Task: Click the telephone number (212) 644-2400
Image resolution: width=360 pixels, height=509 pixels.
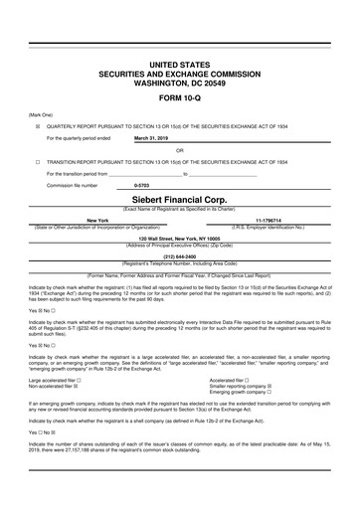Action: [x=179, y=254]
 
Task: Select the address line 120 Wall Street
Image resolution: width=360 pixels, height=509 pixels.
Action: [x=179, y=238]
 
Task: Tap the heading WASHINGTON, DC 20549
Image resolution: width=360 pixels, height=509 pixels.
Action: [x=179, y=83]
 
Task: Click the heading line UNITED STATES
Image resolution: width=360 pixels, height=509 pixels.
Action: [x=179, y=63]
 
